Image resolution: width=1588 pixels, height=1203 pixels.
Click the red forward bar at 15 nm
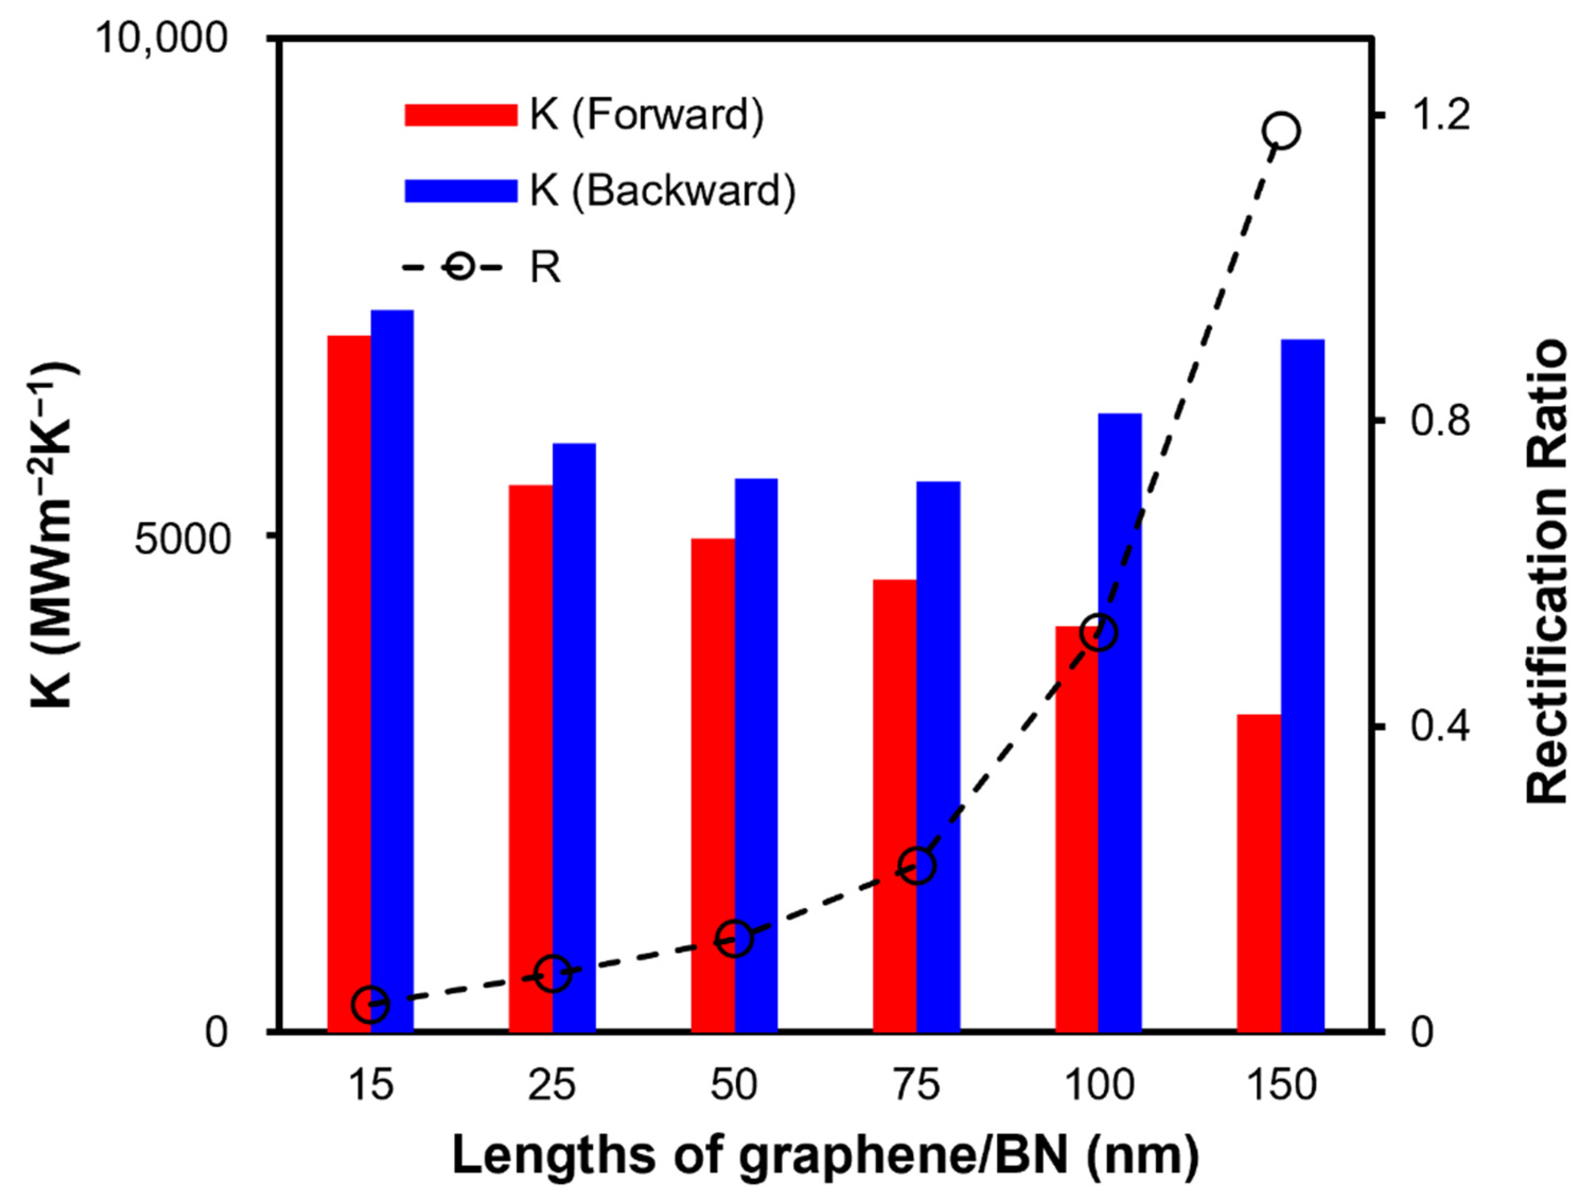[x=349, y=682]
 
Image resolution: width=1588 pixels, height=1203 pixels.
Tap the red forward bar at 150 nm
[x=1259, y=872]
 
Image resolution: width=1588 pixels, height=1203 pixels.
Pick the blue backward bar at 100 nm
[x=1120, y=722]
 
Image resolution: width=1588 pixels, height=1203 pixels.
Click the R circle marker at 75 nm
[x=917, y=865]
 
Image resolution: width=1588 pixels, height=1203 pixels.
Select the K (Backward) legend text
[x=663, y=191]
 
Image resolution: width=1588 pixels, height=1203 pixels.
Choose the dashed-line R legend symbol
[x=451, y=267]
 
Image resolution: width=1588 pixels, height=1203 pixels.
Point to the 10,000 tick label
[x=162, y=38]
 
